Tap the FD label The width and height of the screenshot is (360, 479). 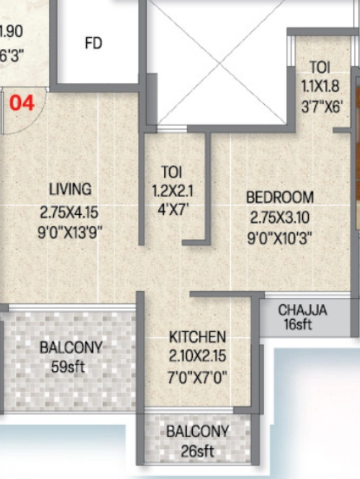93,43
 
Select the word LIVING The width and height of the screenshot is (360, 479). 70,188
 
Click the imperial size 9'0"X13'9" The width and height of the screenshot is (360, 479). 70,232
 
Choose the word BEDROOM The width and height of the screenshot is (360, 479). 279,197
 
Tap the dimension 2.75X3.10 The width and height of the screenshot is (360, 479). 280,217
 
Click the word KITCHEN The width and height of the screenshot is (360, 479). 197,337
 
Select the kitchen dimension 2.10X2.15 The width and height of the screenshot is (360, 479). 197,357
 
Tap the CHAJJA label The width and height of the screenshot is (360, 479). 302,310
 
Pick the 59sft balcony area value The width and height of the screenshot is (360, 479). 68,366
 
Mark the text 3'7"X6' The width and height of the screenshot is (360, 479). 322,106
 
